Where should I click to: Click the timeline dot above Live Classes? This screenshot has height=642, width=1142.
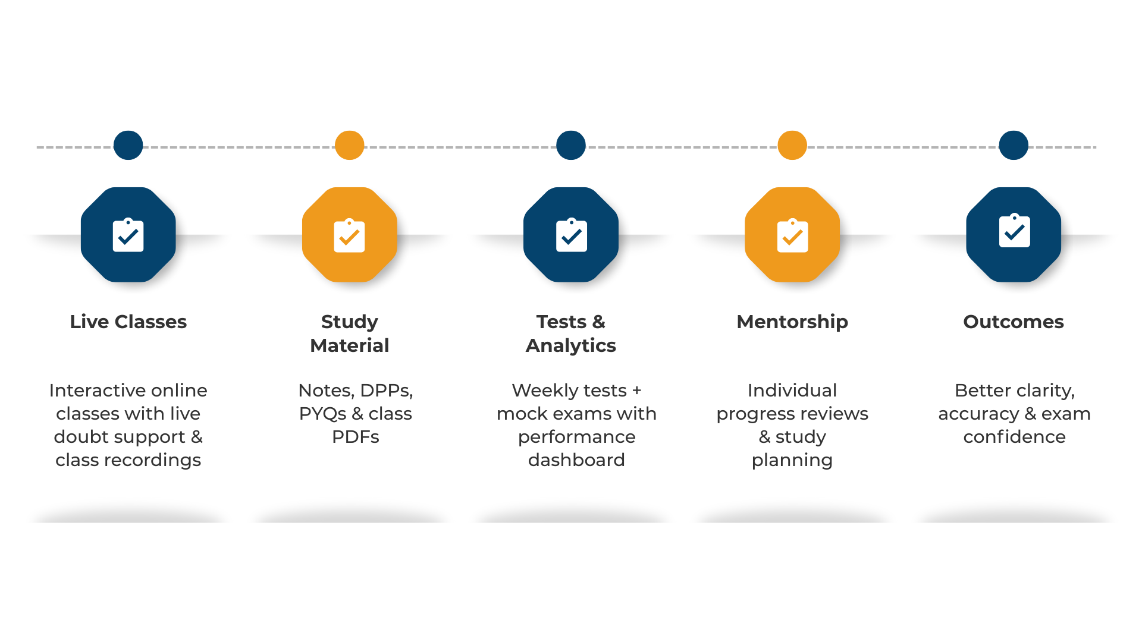click(128, 145)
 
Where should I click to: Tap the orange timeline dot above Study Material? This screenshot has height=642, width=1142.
click(350, 145)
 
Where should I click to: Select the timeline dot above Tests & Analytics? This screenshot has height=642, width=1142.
click(571, 145)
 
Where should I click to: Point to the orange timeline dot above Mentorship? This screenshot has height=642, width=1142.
click(792, 145)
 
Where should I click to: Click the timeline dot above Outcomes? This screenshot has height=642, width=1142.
click(1014, 145)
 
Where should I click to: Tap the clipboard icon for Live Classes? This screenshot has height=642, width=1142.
click(128, 235)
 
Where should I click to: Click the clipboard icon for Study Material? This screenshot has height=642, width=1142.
click(350, 236)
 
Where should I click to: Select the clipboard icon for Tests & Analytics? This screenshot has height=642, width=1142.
click(571, 236)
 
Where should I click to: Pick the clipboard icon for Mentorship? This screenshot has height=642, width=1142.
click(792, 236)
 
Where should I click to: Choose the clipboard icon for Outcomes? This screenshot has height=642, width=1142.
click(1014, 231)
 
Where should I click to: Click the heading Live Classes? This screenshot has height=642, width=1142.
click(128, 322)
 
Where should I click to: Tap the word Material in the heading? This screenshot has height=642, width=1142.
click(350, 345)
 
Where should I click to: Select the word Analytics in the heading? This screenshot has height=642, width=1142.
click(571, 345)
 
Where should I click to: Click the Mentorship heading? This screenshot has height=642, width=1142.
click(792, 322)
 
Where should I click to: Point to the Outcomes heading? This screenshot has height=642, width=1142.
click(1014, 322)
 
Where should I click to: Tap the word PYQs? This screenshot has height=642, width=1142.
click(322, 414)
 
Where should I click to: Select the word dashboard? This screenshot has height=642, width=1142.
click(576, 460)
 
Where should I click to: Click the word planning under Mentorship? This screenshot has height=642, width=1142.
click(792, 461)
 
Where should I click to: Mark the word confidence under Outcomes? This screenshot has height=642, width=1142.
click(1014, 437)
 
